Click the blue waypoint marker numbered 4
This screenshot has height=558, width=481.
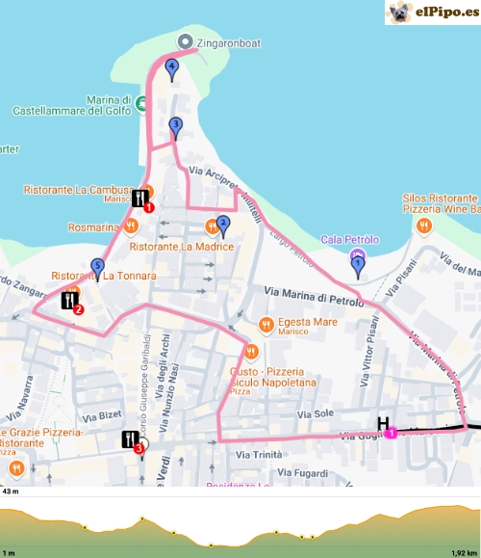(x=171, y=67)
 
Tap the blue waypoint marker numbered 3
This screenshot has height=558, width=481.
(x=175, y=124)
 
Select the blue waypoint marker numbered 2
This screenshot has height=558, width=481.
(x=223, y=224)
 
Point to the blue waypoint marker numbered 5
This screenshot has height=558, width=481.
(x=97, y=267)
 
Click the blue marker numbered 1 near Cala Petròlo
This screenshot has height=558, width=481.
(x=358, y=263)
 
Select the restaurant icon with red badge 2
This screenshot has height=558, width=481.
(x=70, y=301)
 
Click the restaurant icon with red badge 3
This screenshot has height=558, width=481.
(x=132, y=440)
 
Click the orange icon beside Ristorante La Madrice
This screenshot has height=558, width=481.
(x=211, y=226)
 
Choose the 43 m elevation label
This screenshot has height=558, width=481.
(x=12, y=492)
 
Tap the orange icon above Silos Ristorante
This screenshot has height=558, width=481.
(x=422, y=226)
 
